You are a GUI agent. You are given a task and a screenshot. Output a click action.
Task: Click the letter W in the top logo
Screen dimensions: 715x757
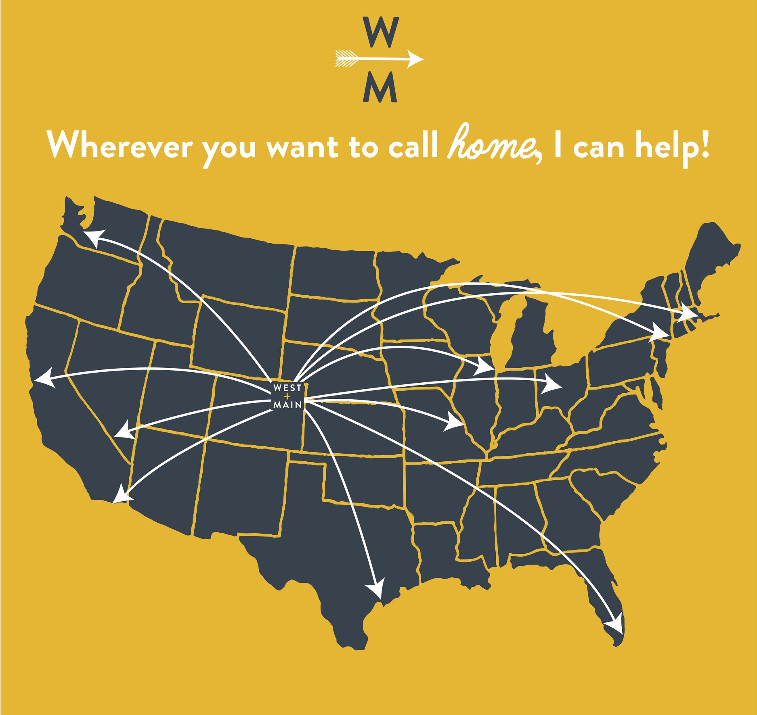[x=380, y=32]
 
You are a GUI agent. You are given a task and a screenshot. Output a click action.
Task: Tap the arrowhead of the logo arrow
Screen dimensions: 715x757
[x=415, y=59]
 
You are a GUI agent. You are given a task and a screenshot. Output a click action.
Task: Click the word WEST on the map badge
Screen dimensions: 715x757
[x=287, y=388]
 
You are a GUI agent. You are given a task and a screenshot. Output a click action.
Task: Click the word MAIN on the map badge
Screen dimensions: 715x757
[x=288, y=404]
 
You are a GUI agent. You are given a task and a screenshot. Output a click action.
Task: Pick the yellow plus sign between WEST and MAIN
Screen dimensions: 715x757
[x=287, y=396]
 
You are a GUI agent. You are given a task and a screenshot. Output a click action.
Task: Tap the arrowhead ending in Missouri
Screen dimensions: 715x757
[x=454, y=423]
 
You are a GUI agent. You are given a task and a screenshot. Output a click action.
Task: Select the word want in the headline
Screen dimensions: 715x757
[x=302, y=148]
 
